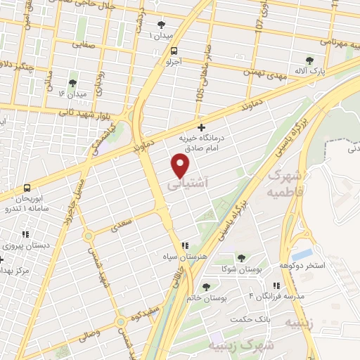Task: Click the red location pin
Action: [x=181, y=165]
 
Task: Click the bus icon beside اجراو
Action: [x=174, y=50]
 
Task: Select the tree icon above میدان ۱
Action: [x=162, y=25]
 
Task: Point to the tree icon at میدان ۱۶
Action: [x=72, y=83]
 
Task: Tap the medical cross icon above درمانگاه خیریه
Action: [x=202, y=127]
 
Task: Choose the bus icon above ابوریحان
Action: [x=27, y=188]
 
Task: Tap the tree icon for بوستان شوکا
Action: [x=241, y=258]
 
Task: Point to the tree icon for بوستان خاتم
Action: [x=205, y=286]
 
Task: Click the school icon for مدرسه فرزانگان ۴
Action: [x=276, y=285]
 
